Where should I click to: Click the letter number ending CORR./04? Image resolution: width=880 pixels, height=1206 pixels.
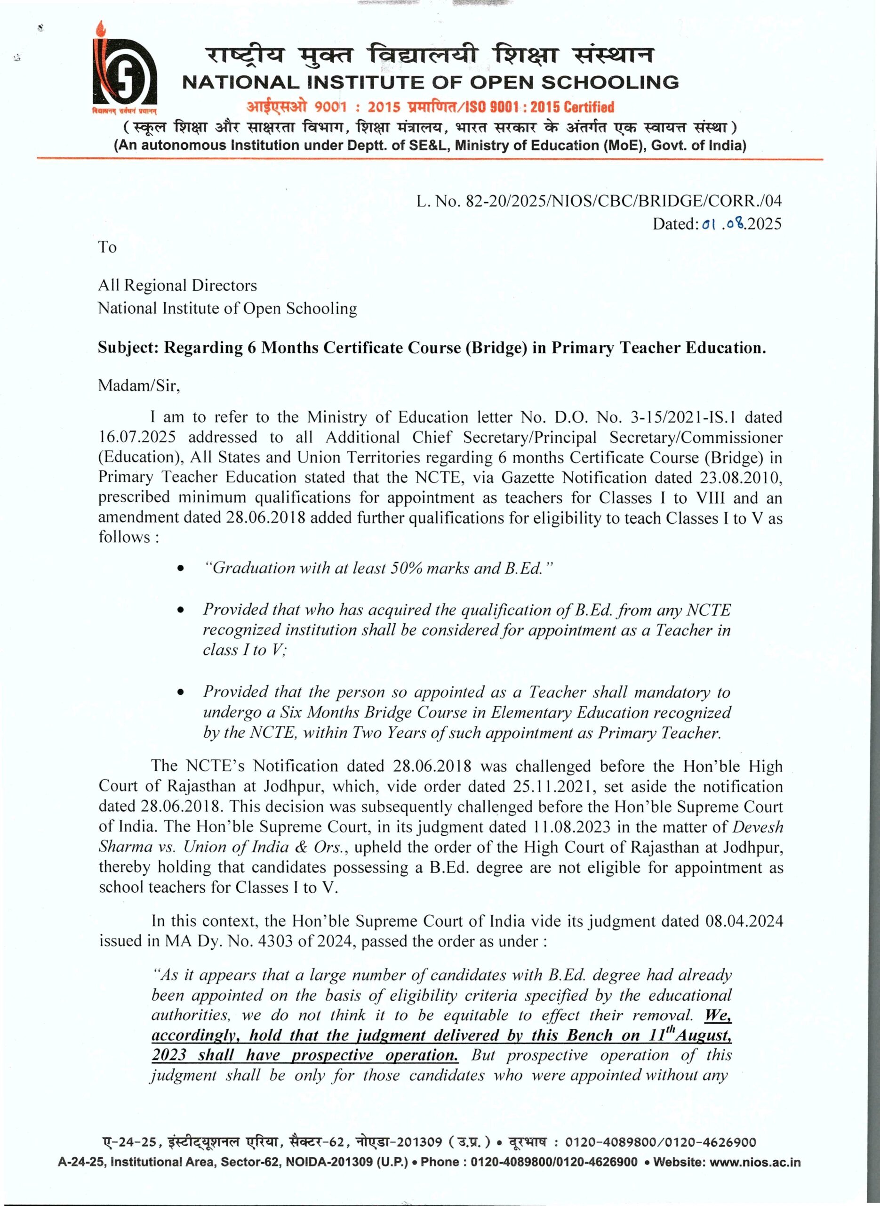[599, 201]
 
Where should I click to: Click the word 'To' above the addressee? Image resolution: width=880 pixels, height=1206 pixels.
[107, 247]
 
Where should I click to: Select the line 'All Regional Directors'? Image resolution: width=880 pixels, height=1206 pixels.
[177, 286]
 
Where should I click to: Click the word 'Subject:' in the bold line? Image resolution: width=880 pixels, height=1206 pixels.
[128, 348]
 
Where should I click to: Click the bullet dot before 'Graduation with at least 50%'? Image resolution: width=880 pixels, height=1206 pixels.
[181, 570]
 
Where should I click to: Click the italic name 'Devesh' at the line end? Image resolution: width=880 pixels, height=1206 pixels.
[758, 827]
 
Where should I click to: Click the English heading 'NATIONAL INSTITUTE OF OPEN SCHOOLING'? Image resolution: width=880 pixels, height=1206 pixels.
[431, 82]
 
